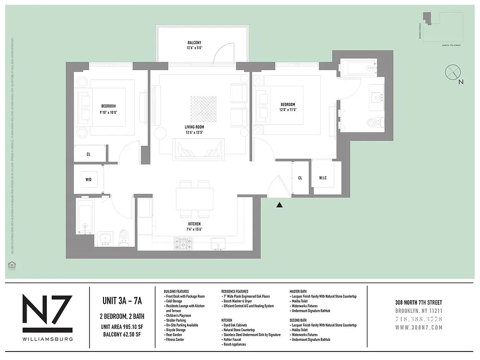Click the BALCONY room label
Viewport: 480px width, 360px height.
(195, 42)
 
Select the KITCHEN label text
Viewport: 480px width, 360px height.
(195, 224)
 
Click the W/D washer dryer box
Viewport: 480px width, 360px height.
(88, 180)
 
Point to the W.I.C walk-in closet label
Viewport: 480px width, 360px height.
(323, 178)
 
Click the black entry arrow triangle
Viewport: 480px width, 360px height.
(280, 205)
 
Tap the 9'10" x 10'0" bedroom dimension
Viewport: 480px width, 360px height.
(108, 112)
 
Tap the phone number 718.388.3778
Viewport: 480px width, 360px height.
(418, 319)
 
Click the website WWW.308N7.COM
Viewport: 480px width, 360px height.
(418, 328)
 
